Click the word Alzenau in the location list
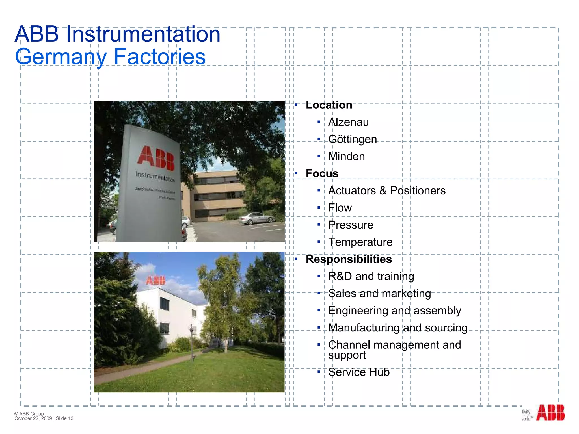point(348,122)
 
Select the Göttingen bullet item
point(352,140)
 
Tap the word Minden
point(346,157)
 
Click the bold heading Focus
point(322,173)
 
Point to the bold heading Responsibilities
point(349,259)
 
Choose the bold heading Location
point(329,105)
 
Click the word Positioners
point(418,191)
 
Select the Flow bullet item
point(340,208)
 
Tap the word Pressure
point(351,225)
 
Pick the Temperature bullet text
point(360,242)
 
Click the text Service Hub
point(359,372)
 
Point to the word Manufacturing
point(364,328)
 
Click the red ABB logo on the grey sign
point(156,158)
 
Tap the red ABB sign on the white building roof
point(155,281)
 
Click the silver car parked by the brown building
point(257,218)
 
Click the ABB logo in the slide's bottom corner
point(550,413)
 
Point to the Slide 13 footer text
point(64,418)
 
